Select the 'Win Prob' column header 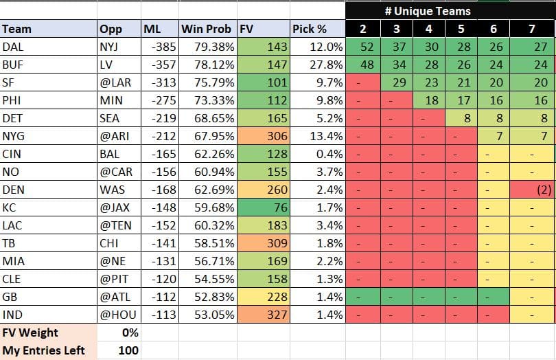207,29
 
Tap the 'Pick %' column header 310,29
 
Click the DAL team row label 13,47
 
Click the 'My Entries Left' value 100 128,350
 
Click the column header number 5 461,29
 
